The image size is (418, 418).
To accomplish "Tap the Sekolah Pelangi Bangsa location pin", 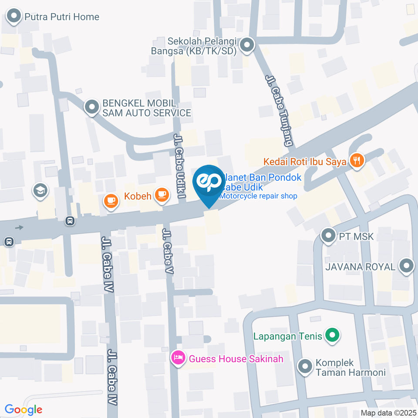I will [x=247, y=45].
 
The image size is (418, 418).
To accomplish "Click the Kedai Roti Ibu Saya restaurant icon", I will [x=357, y=161].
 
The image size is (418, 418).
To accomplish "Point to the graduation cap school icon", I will [x=40, y=191].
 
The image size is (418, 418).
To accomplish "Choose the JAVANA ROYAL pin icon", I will [x=407, y=266].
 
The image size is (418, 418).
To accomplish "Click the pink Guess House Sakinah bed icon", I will [x=178, y=359].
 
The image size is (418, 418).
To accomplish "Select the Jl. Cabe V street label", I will [x=168, y=251].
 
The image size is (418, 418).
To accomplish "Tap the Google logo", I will [x=24, y=409].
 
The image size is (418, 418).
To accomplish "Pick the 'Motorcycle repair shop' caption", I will [x=258, y=196].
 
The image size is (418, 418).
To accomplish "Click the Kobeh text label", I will [x=138, y=196].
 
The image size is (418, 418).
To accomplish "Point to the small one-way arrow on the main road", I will [x=19, y=227].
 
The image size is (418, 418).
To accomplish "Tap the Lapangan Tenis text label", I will [x=288, y=336].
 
